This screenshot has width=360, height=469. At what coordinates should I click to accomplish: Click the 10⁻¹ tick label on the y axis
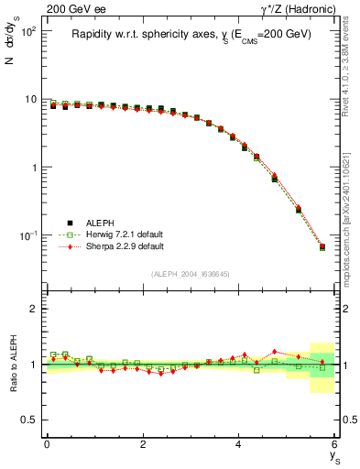(28, 235)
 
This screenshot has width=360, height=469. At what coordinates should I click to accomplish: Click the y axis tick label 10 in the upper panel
(30, 99)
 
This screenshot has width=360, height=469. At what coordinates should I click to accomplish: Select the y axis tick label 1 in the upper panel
(33, 168)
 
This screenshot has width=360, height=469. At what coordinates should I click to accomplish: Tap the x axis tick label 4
(239, 444)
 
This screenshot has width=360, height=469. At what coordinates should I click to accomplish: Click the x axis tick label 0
(47, 444)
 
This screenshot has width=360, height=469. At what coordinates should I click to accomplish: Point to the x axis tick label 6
(335, 444)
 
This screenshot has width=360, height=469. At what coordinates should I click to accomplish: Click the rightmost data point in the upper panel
(322, 246)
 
